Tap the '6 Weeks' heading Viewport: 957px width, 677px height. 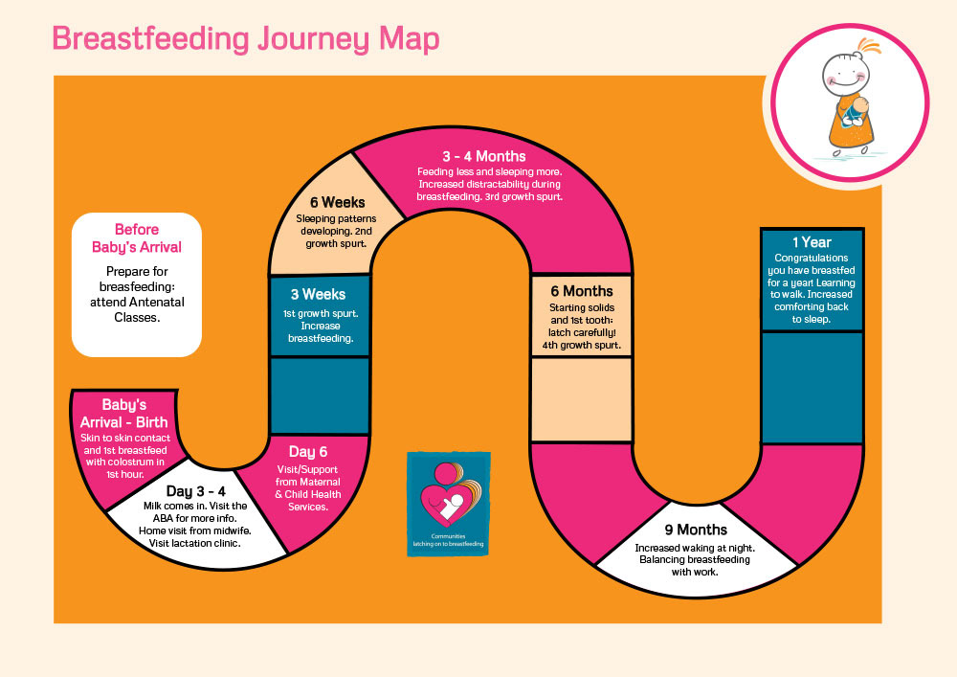(336, 202)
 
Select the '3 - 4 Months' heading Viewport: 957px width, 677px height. (483, 156)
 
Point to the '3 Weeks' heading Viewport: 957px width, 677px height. (318, 294)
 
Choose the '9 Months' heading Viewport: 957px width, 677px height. (696, 530)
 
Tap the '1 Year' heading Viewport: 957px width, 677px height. (812, 242)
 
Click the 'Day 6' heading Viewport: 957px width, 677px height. (308, 451)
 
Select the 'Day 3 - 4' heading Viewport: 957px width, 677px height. (195, 490)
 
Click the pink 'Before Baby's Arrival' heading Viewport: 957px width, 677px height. (137, 238)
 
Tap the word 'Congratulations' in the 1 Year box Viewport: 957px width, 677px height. (812, 259)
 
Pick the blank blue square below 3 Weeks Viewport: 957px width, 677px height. (320, 395)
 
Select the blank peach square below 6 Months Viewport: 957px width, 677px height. (581, 399)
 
